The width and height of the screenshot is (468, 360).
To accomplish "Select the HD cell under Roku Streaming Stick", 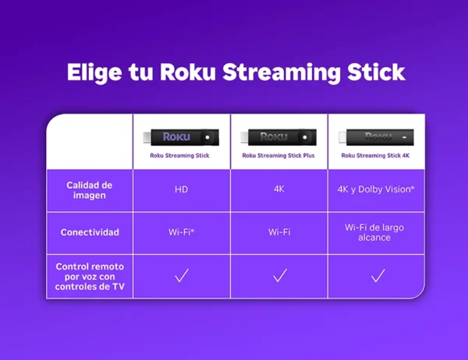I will tap(181, 189).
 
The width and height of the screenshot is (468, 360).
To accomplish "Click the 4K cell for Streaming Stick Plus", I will tap(279, 189).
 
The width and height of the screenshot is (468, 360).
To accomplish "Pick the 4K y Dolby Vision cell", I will tap(376, 189).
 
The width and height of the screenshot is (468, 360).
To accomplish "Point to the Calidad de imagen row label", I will tap(90, 190).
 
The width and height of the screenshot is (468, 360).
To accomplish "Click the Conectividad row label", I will tap(90, 232).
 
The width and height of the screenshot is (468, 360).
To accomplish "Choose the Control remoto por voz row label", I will tap(90, 277).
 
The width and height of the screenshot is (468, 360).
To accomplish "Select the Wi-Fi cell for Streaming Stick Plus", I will tap(279, 232).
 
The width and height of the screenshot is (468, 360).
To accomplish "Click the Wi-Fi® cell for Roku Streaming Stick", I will tap(181, 232).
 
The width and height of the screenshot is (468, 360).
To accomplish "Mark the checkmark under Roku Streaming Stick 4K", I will tap(378, 276).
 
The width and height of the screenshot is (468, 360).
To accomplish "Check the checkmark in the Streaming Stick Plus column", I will tap(280, 276).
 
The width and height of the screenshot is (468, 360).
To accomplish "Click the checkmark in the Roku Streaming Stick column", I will tap(182, 276).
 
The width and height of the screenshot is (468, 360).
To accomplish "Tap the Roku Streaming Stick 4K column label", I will tap(376, 155).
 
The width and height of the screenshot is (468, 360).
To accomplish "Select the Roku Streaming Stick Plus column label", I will tap(279, 155).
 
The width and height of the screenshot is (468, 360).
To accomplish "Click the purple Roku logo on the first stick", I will tap(175, 137).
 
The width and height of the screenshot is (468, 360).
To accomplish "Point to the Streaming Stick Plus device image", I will tap(279, 137).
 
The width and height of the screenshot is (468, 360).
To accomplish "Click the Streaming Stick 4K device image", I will tap(376, 137).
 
